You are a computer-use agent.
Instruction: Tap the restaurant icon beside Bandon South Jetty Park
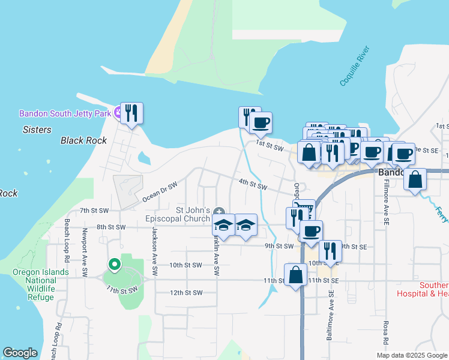[132, 112]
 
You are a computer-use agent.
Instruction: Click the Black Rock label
[83, 140]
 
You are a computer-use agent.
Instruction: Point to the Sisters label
[37, 129]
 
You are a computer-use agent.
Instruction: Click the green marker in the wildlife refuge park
[114, 265]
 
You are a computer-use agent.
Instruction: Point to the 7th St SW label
[94, 211]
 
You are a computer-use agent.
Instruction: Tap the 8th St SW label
[111, 227]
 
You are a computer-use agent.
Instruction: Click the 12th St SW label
[185, 293]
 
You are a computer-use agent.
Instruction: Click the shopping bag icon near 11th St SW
[295, 275]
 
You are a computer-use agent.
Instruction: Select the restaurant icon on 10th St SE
[329, 250]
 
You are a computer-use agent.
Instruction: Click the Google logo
[20, 353]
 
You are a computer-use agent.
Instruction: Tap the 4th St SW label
[252, 186]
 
